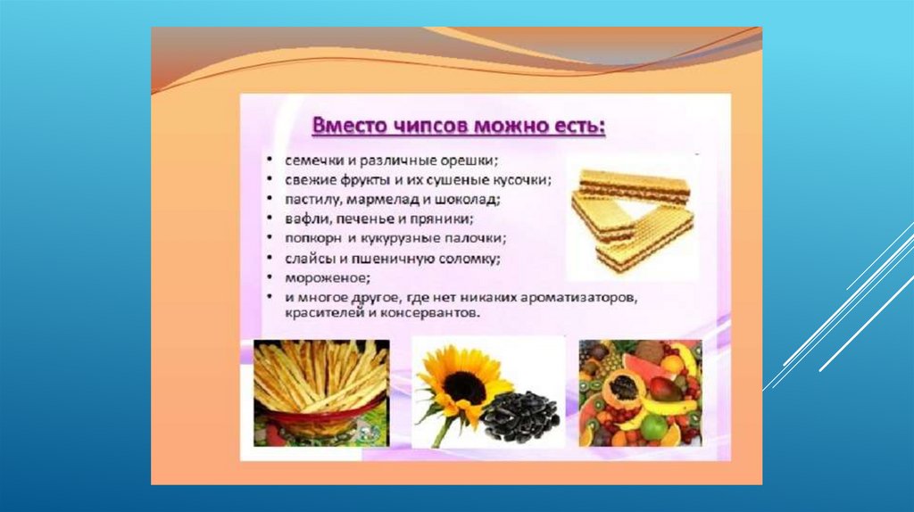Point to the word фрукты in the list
(364, 180)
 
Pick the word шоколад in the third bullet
(472, 200)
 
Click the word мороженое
(328, 277)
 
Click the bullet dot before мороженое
(270, 277)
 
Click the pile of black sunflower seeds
(520, 416)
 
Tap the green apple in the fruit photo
(655, 426)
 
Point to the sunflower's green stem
(442, 427)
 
